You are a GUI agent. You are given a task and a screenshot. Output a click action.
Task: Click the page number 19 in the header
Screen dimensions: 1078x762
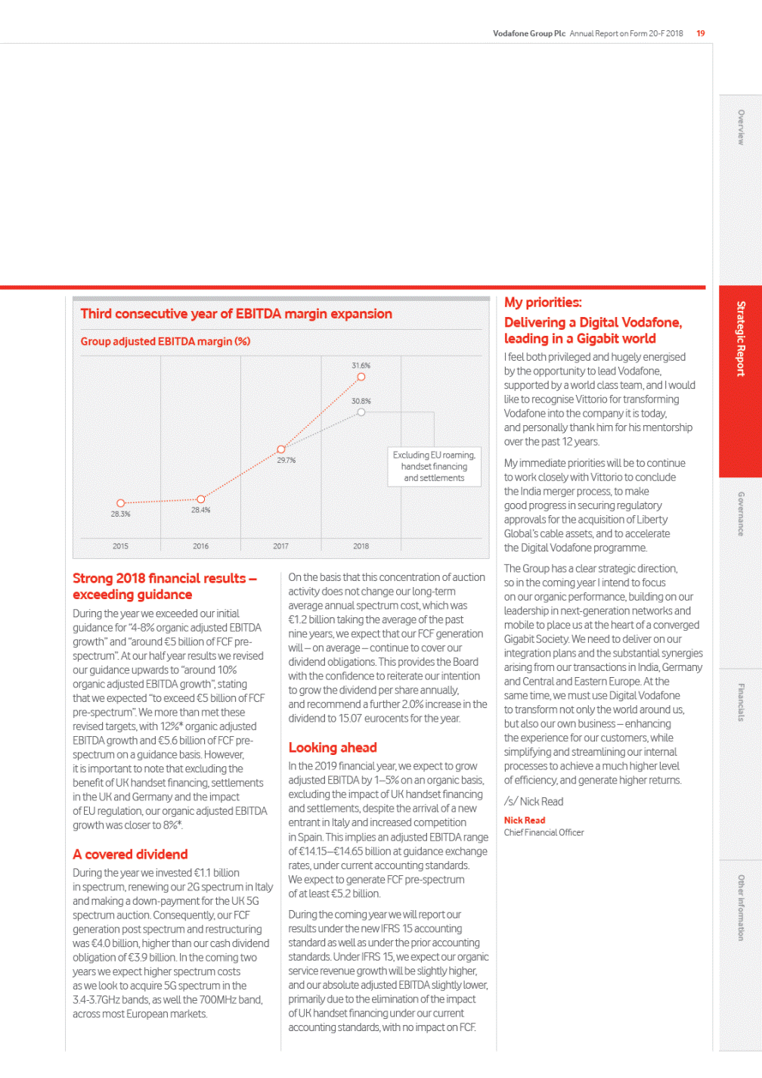(x=701, y=33)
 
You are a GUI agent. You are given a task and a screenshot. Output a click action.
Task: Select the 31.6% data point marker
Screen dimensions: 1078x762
(x=361, y=377)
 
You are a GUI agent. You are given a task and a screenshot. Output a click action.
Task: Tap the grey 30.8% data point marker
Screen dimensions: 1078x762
(x=361, y=412)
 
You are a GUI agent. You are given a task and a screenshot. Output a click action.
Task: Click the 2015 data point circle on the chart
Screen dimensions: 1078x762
(x=120, y=503)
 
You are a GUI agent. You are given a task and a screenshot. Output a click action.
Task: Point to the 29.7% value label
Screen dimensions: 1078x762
(x=286, y=460)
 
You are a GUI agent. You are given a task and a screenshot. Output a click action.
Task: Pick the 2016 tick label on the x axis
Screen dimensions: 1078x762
(x=200, y=546)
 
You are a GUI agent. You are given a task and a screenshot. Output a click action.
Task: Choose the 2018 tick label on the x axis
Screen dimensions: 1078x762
(x=361, y=546)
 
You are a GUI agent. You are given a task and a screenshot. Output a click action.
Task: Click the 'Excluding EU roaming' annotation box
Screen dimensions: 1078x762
(x=434, y=467)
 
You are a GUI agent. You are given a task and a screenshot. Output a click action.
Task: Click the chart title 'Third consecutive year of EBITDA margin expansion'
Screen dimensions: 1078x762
(x=236, y=314)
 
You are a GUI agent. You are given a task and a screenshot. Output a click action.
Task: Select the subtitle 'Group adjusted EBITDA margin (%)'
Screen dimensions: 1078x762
(x=166, y=341)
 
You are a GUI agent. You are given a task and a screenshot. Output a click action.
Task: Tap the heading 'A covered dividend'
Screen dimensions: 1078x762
(x=130, y=854)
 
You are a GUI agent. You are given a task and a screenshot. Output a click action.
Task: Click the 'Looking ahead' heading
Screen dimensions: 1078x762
(x=333, y=747)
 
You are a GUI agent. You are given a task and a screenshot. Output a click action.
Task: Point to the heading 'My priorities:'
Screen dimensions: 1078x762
(x=543, y=303)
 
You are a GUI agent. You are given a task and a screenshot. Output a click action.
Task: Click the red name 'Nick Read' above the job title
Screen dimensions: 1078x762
(x=525, y=820)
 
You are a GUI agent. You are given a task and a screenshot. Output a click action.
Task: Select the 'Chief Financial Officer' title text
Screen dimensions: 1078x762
(x=544, y=833)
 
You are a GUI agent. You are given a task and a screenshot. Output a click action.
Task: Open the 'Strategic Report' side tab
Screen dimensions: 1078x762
(x=741, y=339)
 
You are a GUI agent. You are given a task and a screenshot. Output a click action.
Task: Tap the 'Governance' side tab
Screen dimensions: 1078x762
(x=741, y=514)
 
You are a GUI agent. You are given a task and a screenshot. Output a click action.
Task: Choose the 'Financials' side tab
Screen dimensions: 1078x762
(x=741, y=702)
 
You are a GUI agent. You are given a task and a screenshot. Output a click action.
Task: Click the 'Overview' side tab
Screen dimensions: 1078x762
(x=741, y=127)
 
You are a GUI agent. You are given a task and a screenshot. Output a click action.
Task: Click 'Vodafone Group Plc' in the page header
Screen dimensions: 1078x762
(x=529, y=33)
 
